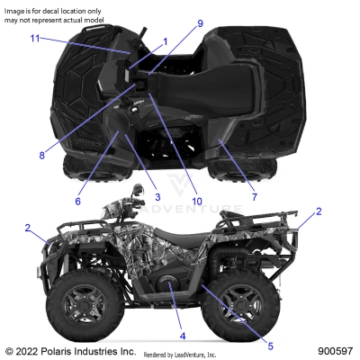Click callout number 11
[35, 39]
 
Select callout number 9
[201, 22]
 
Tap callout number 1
[165, 42]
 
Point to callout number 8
[41, 155]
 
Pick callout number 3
[157, 197]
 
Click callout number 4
[183, 336]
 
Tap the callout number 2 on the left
[28, 228]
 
